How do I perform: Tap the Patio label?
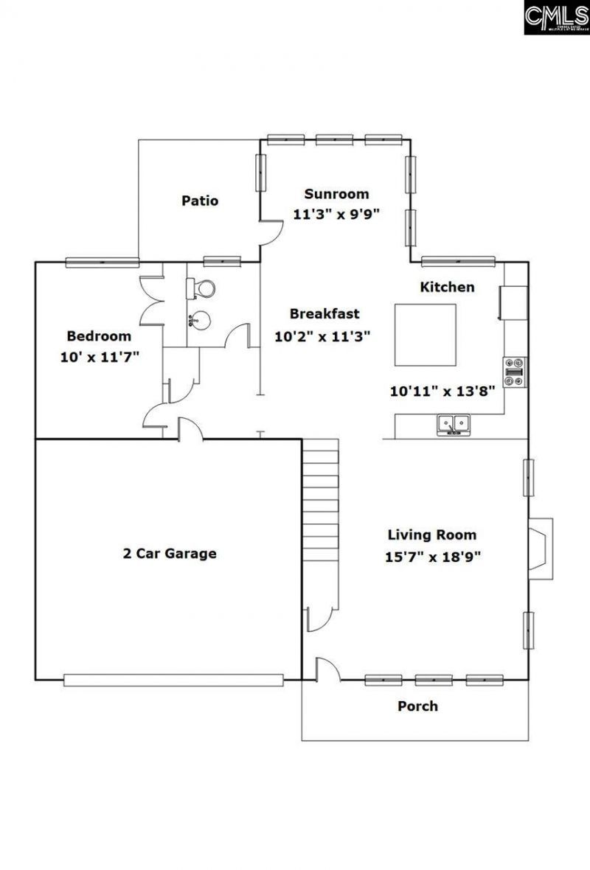pyautogui.click(x=200, y=201)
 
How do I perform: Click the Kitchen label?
pyautogui.click(x=447, y=287)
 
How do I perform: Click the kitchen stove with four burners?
pyautogui.click(x=515, y=372)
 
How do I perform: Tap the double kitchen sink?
pyautogui.click(x=454, y=425)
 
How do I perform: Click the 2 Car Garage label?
pyautogui.click(x=170, y=553)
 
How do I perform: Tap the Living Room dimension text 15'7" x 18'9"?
pyautogui.click(x=432, y=557)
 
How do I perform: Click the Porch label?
pyautogui.click(x=417, y=706)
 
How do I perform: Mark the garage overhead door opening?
pyautogui.click(x=173, y=678)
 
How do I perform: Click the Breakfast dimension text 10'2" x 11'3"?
pyautogui.click(x=322, y=336)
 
